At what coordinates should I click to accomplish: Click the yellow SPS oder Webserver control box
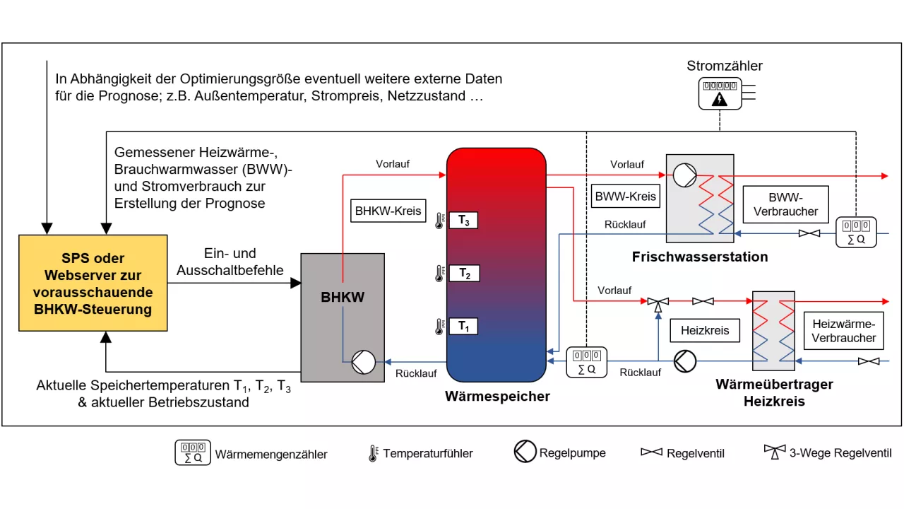[x=93, y=283]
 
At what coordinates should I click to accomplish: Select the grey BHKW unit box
[x=343, y=316]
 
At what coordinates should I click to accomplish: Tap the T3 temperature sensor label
[x=463, y=221]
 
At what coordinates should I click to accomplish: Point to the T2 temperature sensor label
[x=463, y=274]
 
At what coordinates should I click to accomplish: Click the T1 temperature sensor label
[x=463, y=326]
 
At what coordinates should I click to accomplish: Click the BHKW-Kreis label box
[x=388, y=211]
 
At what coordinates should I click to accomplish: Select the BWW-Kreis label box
[x=626, y=197]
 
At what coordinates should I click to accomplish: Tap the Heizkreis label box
[x=705, y=330]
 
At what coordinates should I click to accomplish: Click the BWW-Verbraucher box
[x=785, y=205]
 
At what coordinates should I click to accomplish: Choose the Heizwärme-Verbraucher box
[x=843, y=331]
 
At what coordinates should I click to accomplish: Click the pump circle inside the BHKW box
[x=363, y=363]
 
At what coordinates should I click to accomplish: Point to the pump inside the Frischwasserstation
[x=684, y=175]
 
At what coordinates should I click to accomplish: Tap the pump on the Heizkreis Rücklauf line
[x=684, y=361]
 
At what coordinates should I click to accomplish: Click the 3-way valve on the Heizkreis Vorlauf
[x=658, y=303]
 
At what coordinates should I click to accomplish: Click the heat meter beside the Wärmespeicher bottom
[x=587, y=361]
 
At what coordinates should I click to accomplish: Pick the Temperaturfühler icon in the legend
[x=373, y=453]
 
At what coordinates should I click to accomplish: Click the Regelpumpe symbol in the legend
[x=525, y=452]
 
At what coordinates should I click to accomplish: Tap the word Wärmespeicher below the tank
[x=497, y=397]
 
